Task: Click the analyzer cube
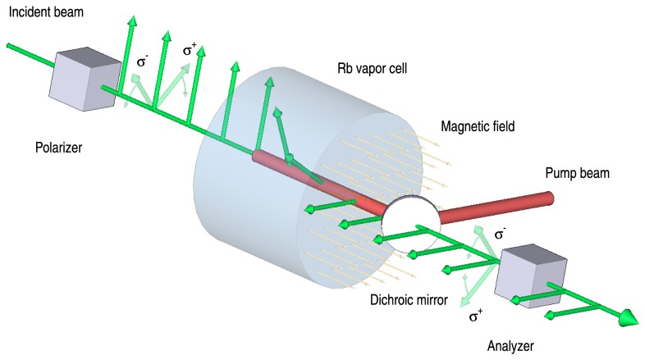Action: [x=528, y=275]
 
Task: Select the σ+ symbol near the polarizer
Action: [x=190, y=51]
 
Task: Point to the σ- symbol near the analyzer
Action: [x=501, y=235]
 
